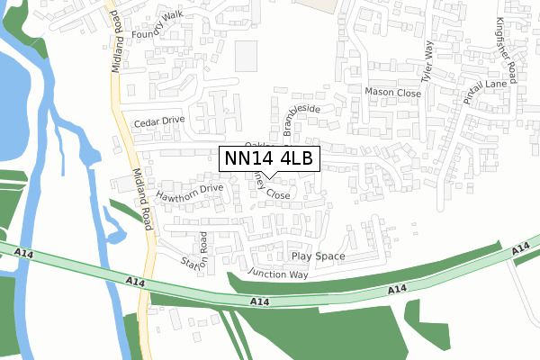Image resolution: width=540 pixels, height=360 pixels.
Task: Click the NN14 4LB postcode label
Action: [269, 159]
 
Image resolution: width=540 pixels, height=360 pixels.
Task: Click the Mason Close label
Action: [392, 92]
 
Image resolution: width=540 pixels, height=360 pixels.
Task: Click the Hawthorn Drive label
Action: [189, 191]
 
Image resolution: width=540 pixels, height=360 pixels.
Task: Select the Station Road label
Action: [195, 252]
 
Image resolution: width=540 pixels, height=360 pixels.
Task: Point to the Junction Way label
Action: [280, 274]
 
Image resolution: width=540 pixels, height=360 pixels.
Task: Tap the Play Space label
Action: [318, 256]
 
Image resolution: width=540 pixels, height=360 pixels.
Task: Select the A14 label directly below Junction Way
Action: [259, 301]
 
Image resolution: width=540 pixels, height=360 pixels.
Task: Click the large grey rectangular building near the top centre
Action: [246, 57]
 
